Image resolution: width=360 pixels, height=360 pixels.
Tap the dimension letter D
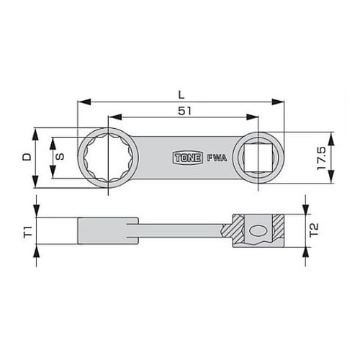[27, 156]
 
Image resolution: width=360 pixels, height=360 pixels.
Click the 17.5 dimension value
[321, 156]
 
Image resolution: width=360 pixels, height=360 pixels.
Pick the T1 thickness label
[27, 231]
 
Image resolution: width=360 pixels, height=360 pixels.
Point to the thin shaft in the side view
[180, 232]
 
